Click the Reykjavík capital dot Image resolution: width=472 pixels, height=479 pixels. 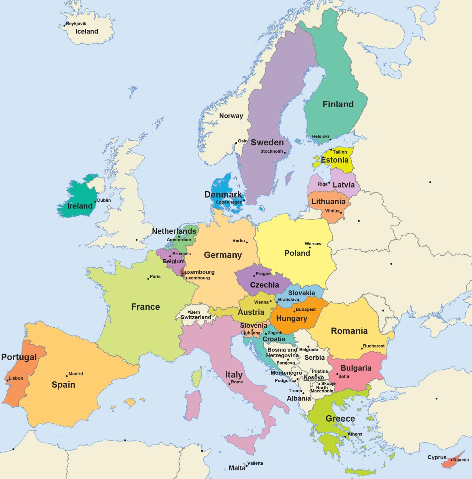65,26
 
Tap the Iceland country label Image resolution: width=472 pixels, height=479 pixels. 87,32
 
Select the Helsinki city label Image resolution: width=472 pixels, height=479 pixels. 320,136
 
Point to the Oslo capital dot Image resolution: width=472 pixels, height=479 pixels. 236,143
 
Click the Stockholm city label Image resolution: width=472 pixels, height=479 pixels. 271,151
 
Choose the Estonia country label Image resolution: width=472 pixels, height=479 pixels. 334,160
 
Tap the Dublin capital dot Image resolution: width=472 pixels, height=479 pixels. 95,201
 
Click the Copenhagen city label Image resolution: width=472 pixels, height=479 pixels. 229,202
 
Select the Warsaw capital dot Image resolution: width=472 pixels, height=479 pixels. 310,247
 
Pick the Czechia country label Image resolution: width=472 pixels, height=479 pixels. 264,285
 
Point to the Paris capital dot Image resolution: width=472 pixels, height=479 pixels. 148,279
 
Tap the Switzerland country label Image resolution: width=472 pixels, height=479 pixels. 196,317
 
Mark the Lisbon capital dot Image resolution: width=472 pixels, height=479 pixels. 7,380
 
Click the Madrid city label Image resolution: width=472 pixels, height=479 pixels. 76,373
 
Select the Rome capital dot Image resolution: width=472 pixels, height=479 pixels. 229,384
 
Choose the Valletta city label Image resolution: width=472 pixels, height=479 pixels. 255,463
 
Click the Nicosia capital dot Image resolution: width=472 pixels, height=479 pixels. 451,460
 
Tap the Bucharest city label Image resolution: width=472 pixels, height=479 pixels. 374,346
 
